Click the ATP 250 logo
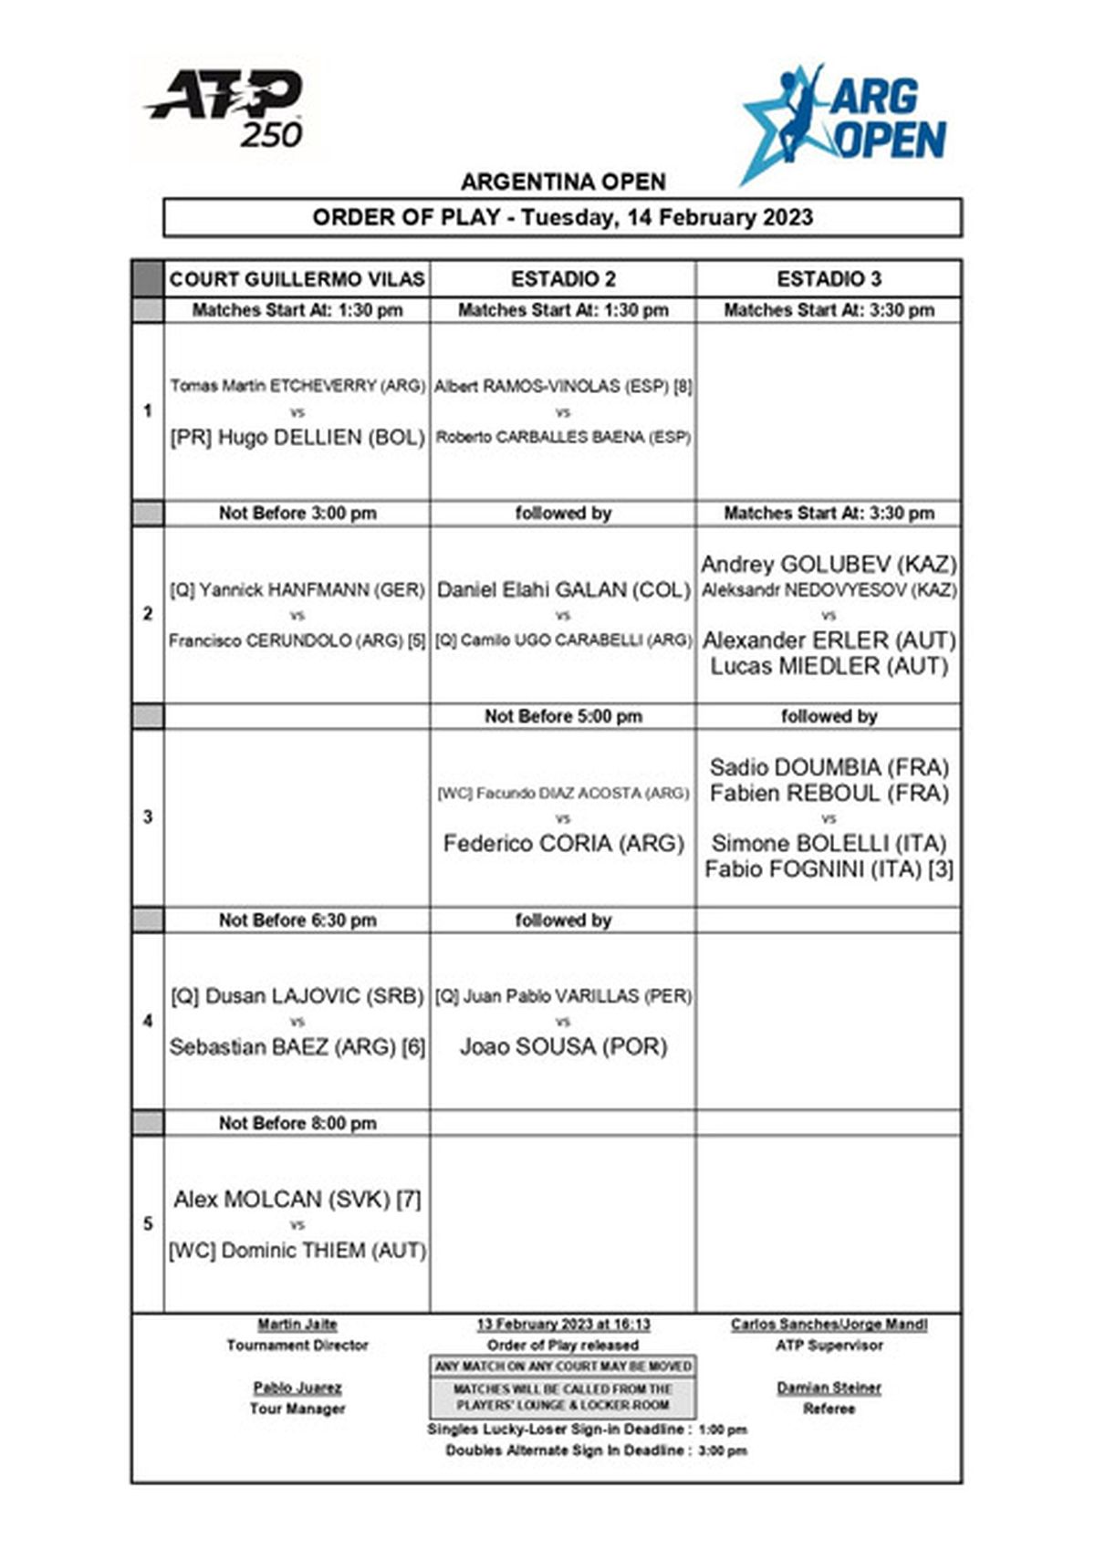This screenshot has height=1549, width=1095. click(226, 109)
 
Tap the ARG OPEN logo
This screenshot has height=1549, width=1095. click(844, 122)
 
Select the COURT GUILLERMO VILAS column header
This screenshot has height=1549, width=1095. click(297, 279)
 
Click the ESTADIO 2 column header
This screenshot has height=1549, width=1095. click(562, 279)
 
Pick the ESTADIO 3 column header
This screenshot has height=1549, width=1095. click(829, 279)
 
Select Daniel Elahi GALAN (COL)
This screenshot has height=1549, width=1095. click(563, 590)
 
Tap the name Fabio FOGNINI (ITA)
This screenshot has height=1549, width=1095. click(816, 869)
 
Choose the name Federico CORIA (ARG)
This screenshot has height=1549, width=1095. click(563, 844)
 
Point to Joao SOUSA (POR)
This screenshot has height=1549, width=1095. click(563, 1047)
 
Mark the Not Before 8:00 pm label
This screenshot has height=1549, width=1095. click(297, 1124)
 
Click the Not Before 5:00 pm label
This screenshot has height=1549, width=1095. click(563, 717)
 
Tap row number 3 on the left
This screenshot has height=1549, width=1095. click(148, 817)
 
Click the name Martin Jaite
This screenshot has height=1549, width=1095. click(297, 1325)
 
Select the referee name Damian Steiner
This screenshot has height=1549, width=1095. click(829, 1388)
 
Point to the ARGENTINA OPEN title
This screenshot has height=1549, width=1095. click(563, 182)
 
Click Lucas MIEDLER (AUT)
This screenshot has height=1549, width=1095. click(829, 667)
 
